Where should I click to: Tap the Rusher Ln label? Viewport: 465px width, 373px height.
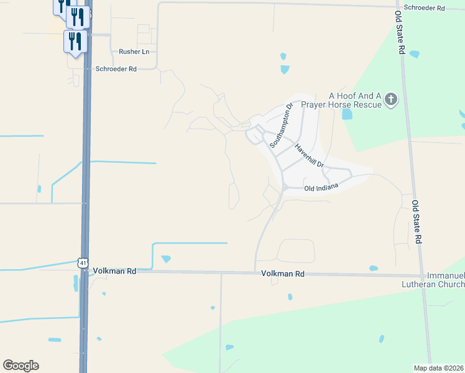[134, 52]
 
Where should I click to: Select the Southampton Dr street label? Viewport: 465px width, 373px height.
[280, 126]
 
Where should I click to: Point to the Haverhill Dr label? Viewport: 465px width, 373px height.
[310, 157]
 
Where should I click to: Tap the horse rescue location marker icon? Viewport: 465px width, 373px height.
[391, 99]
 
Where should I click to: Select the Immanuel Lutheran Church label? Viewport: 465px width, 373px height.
[445, 280]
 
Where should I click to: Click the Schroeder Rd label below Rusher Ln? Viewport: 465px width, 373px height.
[116, 69]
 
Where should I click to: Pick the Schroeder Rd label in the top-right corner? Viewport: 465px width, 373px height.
[425, 8]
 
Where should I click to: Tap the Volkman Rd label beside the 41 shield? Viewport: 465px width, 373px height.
[114, 272]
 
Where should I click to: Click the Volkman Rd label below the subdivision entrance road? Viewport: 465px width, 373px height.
[283, 274]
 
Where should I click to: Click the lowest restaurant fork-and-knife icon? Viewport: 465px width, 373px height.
[75, 41]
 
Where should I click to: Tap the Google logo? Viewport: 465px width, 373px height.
[21, 366]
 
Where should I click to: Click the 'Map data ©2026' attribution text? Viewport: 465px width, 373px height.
[439, 368]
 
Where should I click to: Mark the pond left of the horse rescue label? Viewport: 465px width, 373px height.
[346, 114]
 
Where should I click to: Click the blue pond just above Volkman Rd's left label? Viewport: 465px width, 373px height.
[166, 259]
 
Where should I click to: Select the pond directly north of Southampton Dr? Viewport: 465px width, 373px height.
[285, 70]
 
